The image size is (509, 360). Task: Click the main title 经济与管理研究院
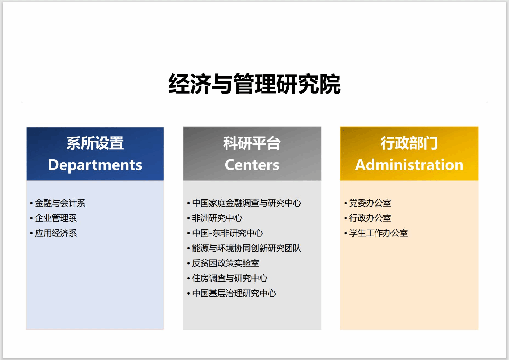(x=254, y=84)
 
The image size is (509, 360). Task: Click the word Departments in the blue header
(x=95, y=165)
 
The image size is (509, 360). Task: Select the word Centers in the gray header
(x=252, y=165)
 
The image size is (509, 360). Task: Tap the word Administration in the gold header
(x=409, y=165)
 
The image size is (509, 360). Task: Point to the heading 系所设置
(x=95, y=143)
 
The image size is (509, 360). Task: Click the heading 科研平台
(x=252, y=143)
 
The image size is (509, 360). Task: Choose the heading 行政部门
(x=409, y=143)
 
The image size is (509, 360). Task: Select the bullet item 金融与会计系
(x=60, y=203)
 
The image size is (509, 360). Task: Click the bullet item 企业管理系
(x=56, y=218)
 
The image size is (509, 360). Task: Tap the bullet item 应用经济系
(x=56, y=233)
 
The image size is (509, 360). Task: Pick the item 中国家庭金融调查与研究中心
(x=247, y=203)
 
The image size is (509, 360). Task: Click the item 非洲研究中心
(x=217, y=218)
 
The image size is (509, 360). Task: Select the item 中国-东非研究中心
(x=227, y=233)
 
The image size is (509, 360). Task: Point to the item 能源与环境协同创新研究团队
(x=247, y=248)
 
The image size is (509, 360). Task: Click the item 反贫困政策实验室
(x=226, y=263)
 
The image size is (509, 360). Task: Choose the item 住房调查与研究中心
(x=230, y=278)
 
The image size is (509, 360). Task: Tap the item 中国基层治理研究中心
(x=234, y=293)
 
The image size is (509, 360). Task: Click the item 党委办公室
(x=370, y=203)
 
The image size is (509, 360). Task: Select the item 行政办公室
(x=370, y=218)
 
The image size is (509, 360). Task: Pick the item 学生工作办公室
(x=379, y=233)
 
